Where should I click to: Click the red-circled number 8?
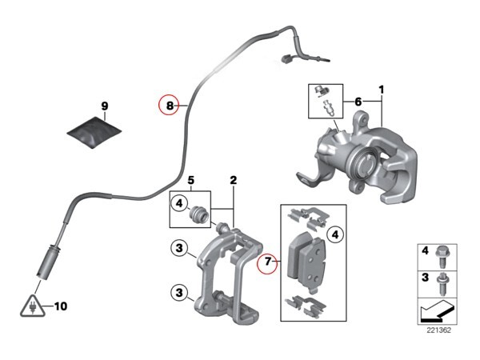pos(170,106)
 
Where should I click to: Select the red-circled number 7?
pos(267,262)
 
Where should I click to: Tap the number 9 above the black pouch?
pos(104,106)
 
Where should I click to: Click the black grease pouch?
pos(94,132)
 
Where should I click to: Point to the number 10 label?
pos(61,306)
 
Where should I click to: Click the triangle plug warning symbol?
pos(32,306)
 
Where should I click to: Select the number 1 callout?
pos(381,90)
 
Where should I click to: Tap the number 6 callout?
pos(358,102)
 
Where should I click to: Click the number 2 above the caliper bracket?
pos(234,180)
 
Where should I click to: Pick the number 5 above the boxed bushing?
pos(191,180)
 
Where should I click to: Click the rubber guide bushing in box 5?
pos(198,214)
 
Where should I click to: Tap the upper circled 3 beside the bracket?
pos(179,248)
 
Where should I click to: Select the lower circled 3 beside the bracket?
pos(179,293)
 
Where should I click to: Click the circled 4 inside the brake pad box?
pos(335,234)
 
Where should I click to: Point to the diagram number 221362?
pos(439,330)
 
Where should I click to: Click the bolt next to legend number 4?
pos(442,257)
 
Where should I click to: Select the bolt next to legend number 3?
pos(442,283)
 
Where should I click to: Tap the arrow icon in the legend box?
pos(437,310)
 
